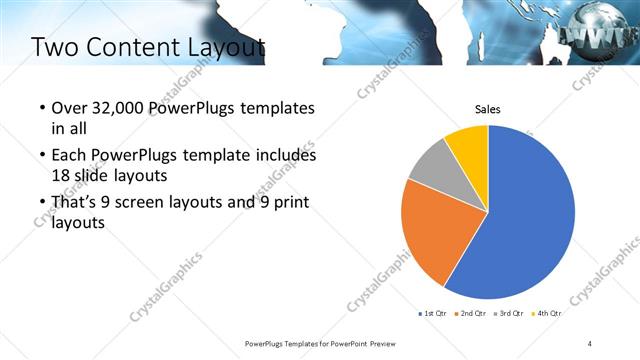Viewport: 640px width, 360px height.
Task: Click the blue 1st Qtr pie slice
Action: [530, 220]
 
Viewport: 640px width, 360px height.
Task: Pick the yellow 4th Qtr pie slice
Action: [468, 144]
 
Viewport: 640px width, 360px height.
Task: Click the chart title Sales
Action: [487, 110]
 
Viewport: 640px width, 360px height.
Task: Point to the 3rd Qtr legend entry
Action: [508, 313]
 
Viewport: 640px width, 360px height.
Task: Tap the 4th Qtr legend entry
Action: [546, 313]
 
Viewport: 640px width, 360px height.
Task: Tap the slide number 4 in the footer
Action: [590, 344]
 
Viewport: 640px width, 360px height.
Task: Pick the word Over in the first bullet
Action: [67, 108]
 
